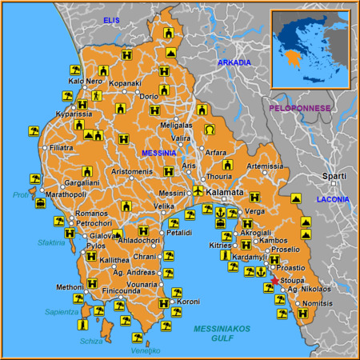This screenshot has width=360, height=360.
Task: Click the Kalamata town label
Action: [225, 194]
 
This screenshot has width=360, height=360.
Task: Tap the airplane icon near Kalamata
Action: [198, 190]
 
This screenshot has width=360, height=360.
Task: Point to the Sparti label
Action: [334, 175]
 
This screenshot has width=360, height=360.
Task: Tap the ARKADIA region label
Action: [234, 62]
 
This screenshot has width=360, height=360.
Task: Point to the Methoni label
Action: [69, 286]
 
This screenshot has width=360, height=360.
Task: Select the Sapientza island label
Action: [61, 312]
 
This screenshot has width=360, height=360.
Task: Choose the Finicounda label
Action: [122, 290]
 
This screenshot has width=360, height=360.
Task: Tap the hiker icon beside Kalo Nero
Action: [97, 95]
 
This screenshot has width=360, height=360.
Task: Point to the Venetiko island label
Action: [146, 350]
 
